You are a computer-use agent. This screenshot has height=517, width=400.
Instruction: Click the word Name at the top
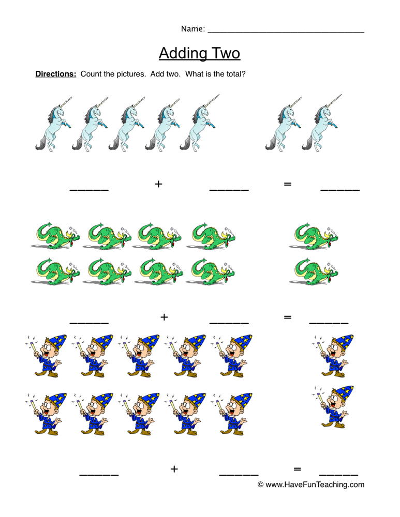(x=192, y=29)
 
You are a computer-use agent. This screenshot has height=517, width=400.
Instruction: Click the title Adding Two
(x=199, y=53)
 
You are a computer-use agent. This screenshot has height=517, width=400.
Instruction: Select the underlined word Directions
(x=55, y=74)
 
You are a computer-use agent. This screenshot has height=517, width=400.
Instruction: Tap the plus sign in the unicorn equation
(x=158, y=184)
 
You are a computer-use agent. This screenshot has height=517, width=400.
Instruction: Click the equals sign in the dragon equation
(x=288, y=317)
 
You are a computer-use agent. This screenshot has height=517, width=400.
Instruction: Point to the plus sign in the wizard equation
(x=174, y=469)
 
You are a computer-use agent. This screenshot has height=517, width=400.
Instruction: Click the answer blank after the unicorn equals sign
(x=340, y=189)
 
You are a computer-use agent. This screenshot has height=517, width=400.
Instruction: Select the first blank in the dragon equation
(x=89, y=322)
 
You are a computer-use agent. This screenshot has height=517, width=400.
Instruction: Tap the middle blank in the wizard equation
(x=239, y=473)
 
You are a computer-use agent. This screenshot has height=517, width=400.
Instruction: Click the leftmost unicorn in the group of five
(x=53, y=124)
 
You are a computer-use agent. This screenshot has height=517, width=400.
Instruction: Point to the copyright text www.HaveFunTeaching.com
(x=311, y=484)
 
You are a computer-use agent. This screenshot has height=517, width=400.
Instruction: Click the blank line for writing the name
(x=286, y=31)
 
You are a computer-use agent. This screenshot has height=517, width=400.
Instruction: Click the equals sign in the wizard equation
(x=297, y=469)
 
